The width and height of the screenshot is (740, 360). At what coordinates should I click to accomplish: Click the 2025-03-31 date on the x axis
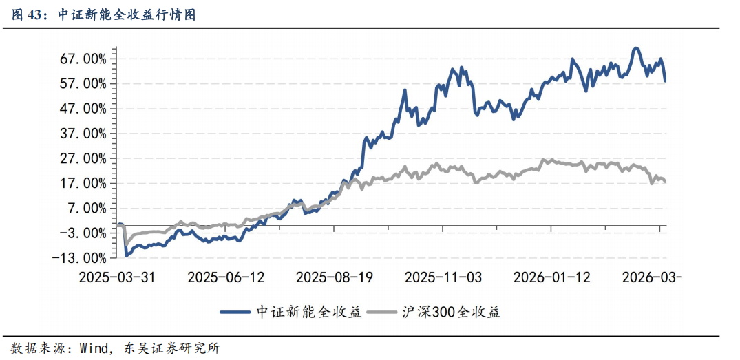point(117,277)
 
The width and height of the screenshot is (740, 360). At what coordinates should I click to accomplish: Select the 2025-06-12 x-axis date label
point(226,277)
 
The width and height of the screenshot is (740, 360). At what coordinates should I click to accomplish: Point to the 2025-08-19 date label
point(334,277)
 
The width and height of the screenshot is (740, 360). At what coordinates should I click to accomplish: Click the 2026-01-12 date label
point(551,277)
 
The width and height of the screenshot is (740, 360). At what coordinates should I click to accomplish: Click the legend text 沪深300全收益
point(452,312)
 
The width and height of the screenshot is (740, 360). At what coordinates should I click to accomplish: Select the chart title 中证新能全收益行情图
point(127,14)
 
